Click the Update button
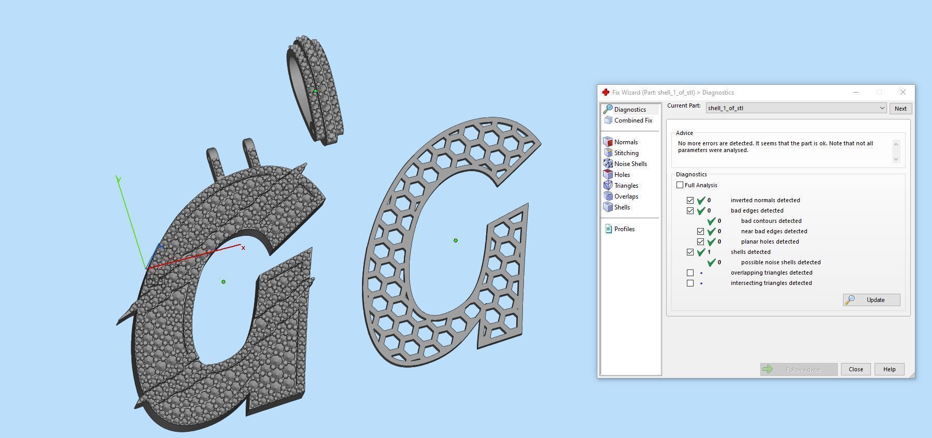[x=871, y=300]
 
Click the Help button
[x=889, y=369]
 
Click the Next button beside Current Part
[x=900, y=109]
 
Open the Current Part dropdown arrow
[x=882, y=108]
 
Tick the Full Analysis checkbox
[x=680, y=185]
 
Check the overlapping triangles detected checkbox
[x=690, y=273]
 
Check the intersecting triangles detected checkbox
[x=690, y=283]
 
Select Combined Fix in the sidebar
[x=633, y=120]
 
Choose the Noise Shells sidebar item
[x=630, y=164]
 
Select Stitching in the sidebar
[x=626, y=153]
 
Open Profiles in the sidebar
[x=624, y=229]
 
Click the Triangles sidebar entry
[x=626, y=186]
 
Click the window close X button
[x=903, y=92]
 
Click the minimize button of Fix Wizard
[x=855, y=92]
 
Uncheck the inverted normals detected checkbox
[x=690, y=200]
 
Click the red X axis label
[x=243, y=248]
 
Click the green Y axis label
[x=118, y=179]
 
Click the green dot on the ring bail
[x=315, y=91]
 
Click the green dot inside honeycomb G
[x=455, y=240]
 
